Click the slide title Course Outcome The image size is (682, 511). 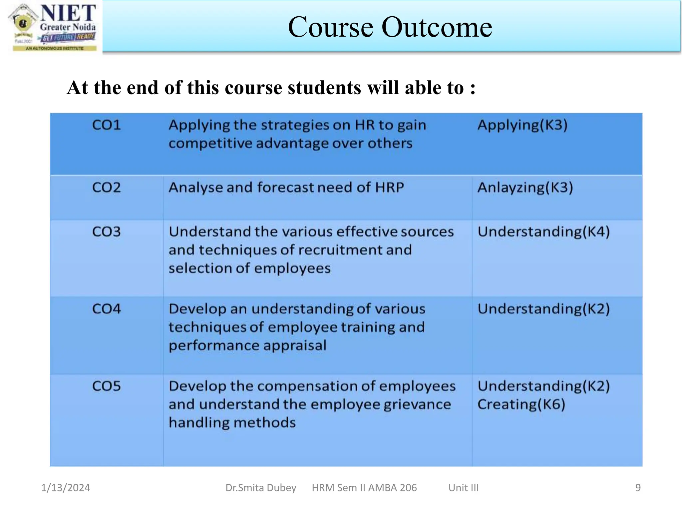coord(390,27)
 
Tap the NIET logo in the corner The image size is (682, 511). coord(53,27)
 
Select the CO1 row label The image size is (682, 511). coord(106,125)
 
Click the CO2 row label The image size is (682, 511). coord(106,187)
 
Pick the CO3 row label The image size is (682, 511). coord(106,232)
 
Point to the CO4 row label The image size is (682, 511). coord(106,309)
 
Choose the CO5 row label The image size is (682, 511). coord(106,386)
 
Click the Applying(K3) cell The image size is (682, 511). coord(522,125)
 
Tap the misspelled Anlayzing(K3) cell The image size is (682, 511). coord(525,187)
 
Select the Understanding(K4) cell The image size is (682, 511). coord(543,232)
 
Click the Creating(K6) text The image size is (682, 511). coord(521,405)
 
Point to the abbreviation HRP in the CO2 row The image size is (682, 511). coord(389,187)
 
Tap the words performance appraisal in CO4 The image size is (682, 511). coord(247,345)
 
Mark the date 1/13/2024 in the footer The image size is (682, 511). coord(65,488)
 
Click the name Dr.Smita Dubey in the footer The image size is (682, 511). coord(261,488)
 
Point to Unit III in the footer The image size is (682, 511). coord(464,488)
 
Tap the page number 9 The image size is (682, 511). coord(638,488)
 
